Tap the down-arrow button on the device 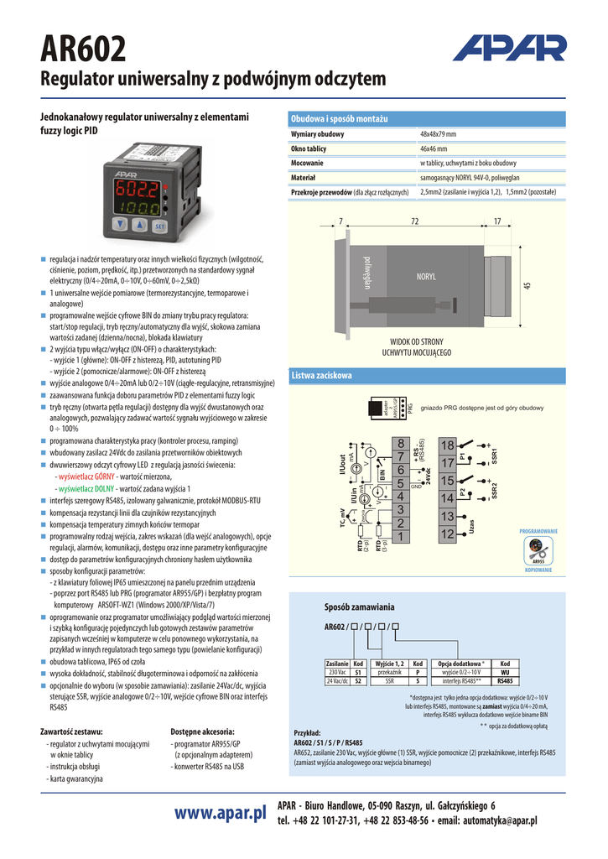click(x=122, y=225)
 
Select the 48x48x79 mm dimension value click(x=438, y=134)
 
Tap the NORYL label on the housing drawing click(x=425, y=276)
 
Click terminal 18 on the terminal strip click(x=447, y=444)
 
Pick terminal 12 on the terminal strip click(x=447, y=534)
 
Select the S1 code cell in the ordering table click(x=358, y=672)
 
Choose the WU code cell click(x=505, y=672)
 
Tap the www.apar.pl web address click(x=221, y=813)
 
